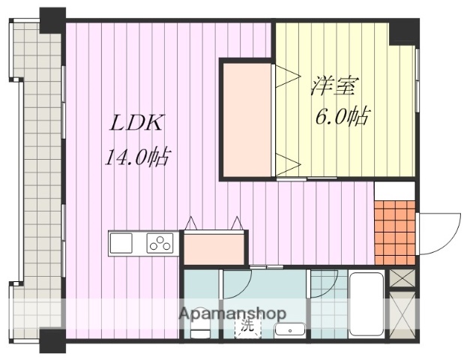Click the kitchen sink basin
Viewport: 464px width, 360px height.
(121, 244)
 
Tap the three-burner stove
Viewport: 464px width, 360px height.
(160, 244)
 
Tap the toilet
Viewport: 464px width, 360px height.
(199, 328)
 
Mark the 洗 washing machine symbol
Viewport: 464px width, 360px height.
(246, 327)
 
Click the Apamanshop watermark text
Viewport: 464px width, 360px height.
(232, 313)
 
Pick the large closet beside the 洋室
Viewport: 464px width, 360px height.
(246, 118)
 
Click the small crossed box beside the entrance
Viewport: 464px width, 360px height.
(401, 278)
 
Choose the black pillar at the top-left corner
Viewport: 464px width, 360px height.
(52, 19)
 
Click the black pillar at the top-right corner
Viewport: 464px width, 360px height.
(405, 30)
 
